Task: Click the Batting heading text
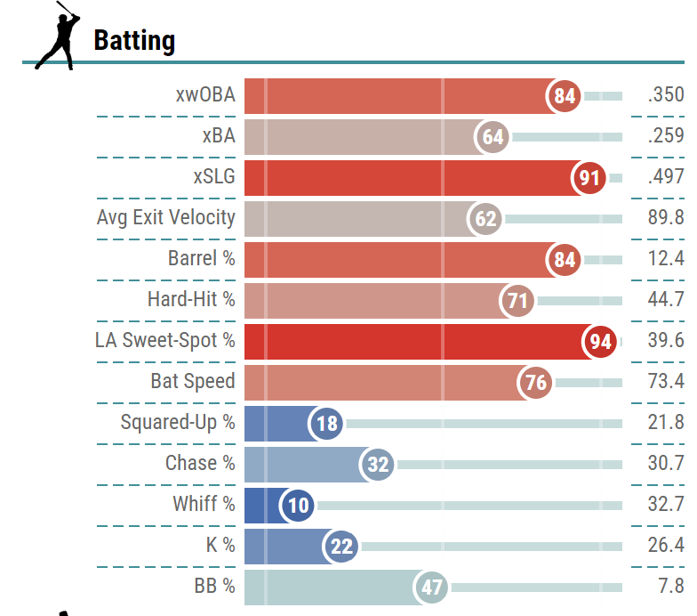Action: tap(134, 40)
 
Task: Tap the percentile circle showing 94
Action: tap(600, 341)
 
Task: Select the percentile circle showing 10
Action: tap(299, 506)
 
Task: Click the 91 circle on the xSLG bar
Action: tap(589, 178)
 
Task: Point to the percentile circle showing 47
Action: tap(432, 588)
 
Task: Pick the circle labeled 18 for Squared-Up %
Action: tap(327, 423)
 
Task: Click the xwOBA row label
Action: tap(205, 95)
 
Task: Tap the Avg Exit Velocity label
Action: tap(166, 217)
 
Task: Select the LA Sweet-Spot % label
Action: tap(165, 340)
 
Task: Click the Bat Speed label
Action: tap(193, 381)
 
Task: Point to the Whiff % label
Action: tap(204, 504)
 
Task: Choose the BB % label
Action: tap(214, 586)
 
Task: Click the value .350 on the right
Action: tap(666, 95)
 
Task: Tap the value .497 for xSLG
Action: tap(666, 177)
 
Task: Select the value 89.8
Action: tap(666, 218)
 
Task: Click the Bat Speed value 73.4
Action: tap(666, 382)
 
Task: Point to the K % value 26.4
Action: tap(666, 545)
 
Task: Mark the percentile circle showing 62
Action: tap(486, 219)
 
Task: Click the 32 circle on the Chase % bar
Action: tap(379, 464)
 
